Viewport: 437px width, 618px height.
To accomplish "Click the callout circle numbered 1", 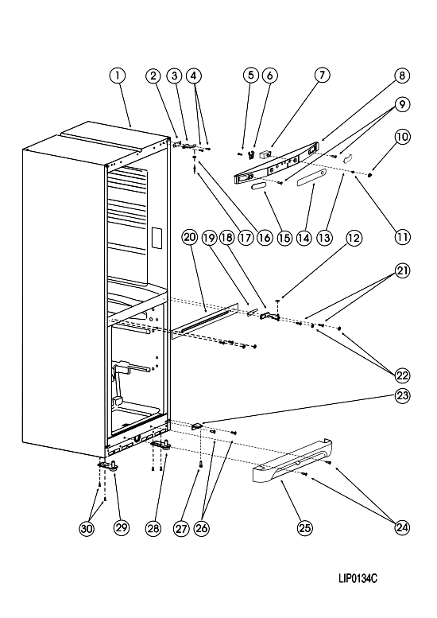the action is tap(118, 76).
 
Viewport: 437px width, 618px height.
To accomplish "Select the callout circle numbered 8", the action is tap(402, 76).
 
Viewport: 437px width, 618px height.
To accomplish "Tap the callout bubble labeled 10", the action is tap(402, 137).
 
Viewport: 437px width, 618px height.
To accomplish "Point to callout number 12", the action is tap(354, 238).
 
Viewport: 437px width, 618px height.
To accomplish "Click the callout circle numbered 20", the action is tap(190, 237).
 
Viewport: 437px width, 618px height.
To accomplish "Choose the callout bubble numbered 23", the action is tap(402, 395).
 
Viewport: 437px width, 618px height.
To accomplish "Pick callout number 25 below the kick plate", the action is tap(305, 528).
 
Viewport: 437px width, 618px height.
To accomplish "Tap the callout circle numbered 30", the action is tap(87, 528).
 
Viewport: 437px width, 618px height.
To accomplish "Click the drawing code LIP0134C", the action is tap(358, 578).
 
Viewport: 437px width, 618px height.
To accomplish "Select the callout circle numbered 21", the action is tap(402, 270).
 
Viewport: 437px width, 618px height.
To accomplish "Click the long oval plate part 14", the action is tap(311, 177).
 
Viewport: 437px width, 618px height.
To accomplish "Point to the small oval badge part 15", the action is tap(258, 186).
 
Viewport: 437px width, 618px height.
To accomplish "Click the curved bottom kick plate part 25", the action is tap(291, 461).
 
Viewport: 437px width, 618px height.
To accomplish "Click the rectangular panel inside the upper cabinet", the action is tap(157, 238).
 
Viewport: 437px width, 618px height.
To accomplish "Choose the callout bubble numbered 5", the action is tap(251, 76).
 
